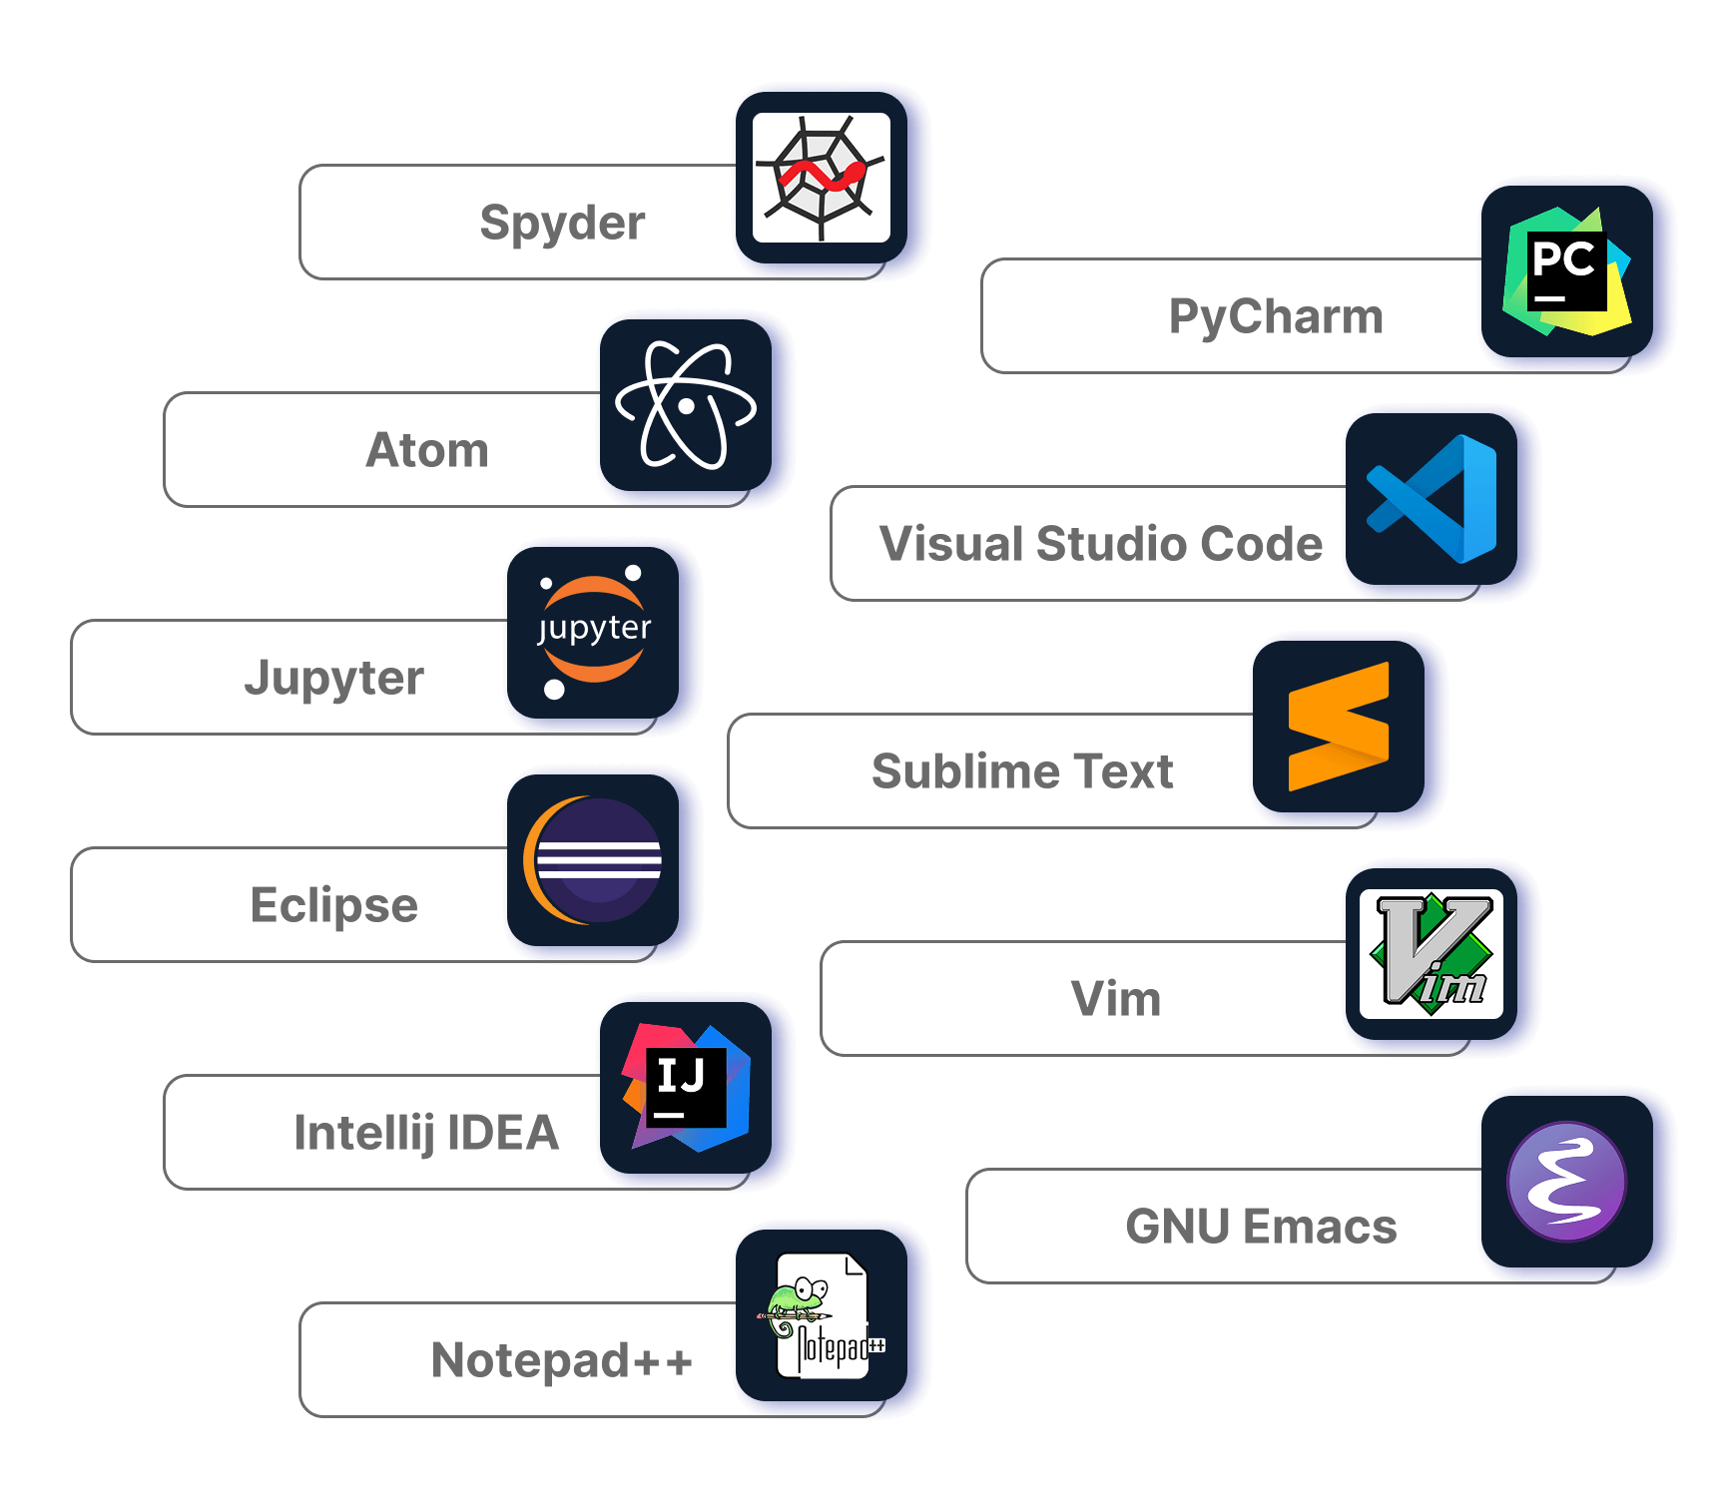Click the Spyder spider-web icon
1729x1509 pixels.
[821, 178]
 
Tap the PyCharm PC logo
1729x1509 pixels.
[1565, 271]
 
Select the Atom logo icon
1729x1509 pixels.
[685, 405]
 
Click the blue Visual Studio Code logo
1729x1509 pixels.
[1432, 499]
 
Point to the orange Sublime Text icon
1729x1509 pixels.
[1338, 727]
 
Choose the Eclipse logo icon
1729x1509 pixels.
[593, 860]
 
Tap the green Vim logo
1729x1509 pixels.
[1432, 954]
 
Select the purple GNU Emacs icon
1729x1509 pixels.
[1565, 1182]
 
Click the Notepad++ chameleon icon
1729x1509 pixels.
[821, 1315]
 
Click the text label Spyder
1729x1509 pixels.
[562, 223]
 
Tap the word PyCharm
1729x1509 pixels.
[1276, 316]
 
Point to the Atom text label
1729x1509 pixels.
[427, 450]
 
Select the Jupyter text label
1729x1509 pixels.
[334, 678]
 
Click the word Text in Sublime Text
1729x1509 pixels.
[1123, 771]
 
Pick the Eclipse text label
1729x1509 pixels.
[334, 905]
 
